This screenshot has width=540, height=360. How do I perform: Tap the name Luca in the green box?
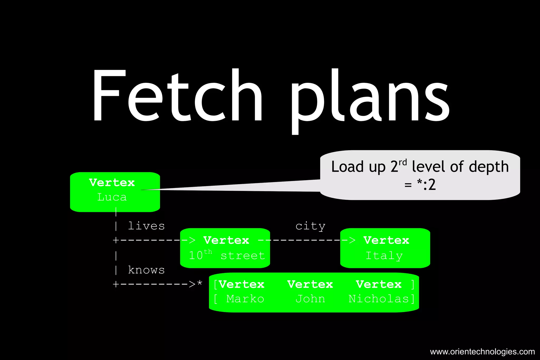pyautogui.click(x=112, y=197)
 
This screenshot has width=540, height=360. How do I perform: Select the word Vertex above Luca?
pyautogui.click(x=112, y=183)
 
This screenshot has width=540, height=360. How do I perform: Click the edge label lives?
pyautogui.click(x=146, y=226)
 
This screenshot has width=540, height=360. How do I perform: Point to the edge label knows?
pyautogui.click(x=146, y=270)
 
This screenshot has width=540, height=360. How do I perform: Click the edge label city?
pyautogui.click(x=310, y=226)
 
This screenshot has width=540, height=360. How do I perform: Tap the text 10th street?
pyautogui.click(x=227, y=255)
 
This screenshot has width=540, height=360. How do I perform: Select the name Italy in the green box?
pyautogui.click(x=384, y=255)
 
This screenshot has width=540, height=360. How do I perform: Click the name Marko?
pyautogui.click(x=245, y=299)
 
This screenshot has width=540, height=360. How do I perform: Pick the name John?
pyautogui.click(x=310, y=299)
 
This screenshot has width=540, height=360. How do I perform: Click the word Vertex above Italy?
pyautogui.click(x=386, y=240)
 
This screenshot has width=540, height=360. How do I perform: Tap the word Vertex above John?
pyautogui.click(x=310, y=284)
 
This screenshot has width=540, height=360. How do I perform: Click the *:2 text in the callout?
pyautogui.click(x=426, y=185)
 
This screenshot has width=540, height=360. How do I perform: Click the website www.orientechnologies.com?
pyautogui.click(x=482, y=352)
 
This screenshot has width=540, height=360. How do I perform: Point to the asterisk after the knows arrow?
pyautogui.click(x=200, y=283)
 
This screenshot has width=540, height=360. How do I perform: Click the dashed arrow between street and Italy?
pyautogui.click(x=306, y=240)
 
